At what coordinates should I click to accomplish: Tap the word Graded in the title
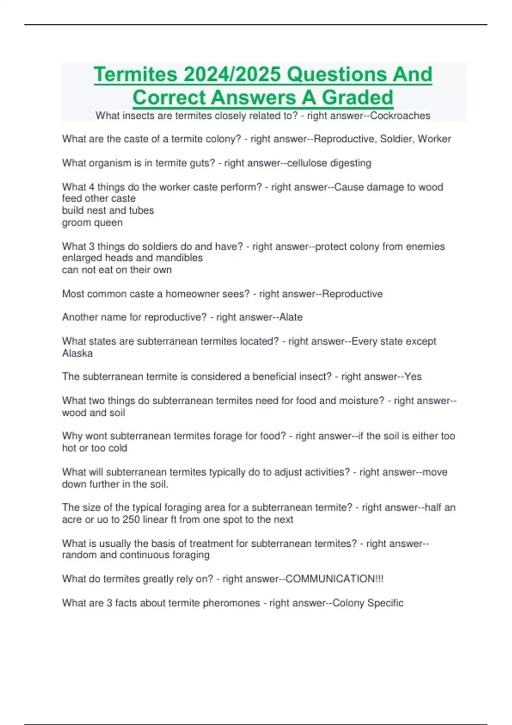357,98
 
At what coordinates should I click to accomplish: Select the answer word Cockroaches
400,116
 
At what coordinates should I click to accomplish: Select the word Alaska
77,354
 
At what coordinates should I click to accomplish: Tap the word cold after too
117,448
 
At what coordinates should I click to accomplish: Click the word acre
71,520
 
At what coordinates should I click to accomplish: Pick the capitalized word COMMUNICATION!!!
334,579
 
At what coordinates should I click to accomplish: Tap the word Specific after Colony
385,603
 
